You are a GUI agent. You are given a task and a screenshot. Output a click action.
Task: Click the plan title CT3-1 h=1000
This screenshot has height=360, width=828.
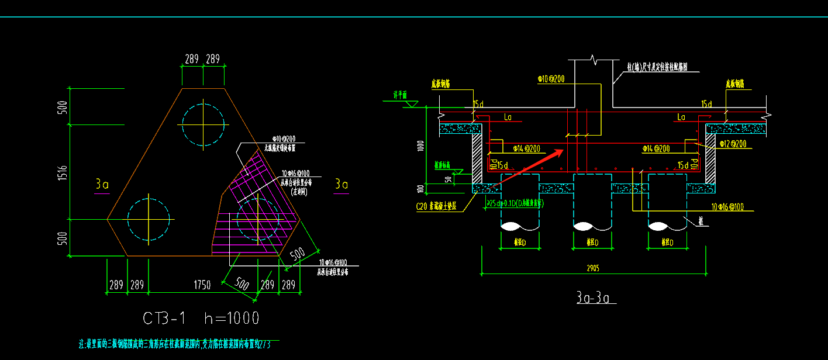click(x=201, y=318)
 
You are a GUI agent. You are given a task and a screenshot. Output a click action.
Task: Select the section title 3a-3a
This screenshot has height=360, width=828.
click(x=596, y=298)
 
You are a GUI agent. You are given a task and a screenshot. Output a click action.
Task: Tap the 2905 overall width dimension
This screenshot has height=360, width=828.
click(x=595, y=268)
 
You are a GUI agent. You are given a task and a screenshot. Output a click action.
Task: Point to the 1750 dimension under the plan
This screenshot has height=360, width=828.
click(x=202, y=285)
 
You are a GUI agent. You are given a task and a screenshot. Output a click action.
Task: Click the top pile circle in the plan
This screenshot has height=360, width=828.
click(x=203, y=124)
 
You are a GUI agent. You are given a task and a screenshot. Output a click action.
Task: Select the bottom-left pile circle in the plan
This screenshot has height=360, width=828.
click(x=149, y=219)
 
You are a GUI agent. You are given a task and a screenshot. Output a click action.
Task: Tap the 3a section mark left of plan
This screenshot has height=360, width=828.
click(x=102, y=185)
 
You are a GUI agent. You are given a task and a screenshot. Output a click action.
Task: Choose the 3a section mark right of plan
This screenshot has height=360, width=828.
click(x=341, y=185)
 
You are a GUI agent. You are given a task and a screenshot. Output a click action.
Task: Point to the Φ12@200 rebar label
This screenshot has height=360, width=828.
click(x=733, y=144)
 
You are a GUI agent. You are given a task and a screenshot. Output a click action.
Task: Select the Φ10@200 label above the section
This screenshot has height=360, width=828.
click(x=551, y=78)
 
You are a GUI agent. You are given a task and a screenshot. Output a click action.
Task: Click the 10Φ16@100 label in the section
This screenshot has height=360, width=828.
click(x=727, y=207)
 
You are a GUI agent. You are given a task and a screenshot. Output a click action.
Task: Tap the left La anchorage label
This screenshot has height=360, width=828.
click(x=508, y=117)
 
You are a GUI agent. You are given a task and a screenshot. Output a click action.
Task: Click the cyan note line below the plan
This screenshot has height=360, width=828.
click(x=178, y=345)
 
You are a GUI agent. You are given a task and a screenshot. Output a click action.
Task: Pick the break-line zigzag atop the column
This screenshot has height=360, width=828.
click(x=594, y=60)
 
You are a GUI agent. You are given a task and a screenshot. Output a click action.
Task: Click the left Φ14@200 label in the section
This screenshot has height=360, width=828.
click(x=526, y=148)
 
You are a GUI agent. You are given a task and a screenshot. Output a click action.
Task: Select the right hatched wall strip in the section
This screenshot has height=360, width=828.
click(x=710, y=158)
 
